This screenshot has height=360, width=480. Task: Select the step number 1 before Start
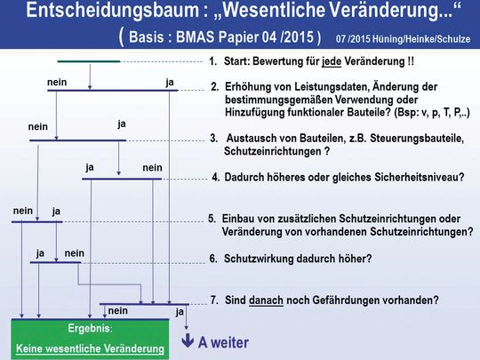coord(212,63)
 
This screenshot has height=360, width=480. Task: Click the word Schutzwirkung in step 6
coord(259,259)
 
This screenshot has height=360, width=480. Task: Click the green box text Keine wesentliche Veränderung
coord(92,349)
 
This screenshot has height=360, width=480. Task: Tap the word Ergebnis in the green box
coord(89,329)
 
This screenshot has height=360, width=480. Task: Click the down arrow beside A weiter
coord(188,341)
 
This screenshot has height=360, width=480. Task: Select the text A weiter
coord(223,342)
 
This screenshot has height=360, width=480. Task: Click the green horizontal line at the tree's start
coord(88,61)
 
